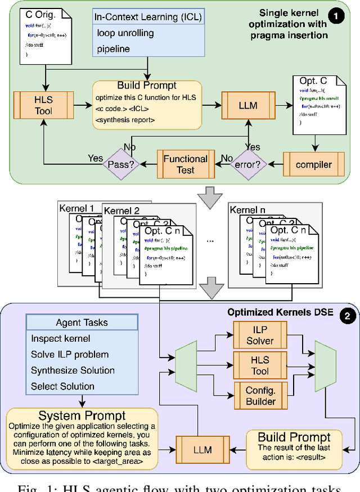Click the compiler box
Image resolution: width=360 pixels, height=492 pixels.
313,165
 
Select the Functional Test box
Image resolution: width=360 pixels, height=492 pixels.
186,164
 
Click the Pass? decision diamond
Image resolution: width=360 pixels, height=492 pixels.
124,164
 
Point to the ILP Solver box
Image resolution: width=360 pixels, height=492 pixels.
260,334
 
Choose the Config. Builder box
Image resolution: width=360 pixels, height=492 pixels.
259,396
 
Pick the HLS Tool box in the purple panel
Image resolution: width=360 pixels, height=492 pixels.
260,365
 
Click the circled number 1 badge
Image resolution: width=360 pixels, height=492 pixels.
336,17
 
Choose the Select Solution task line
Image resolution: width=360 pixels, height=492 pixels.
62,386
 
